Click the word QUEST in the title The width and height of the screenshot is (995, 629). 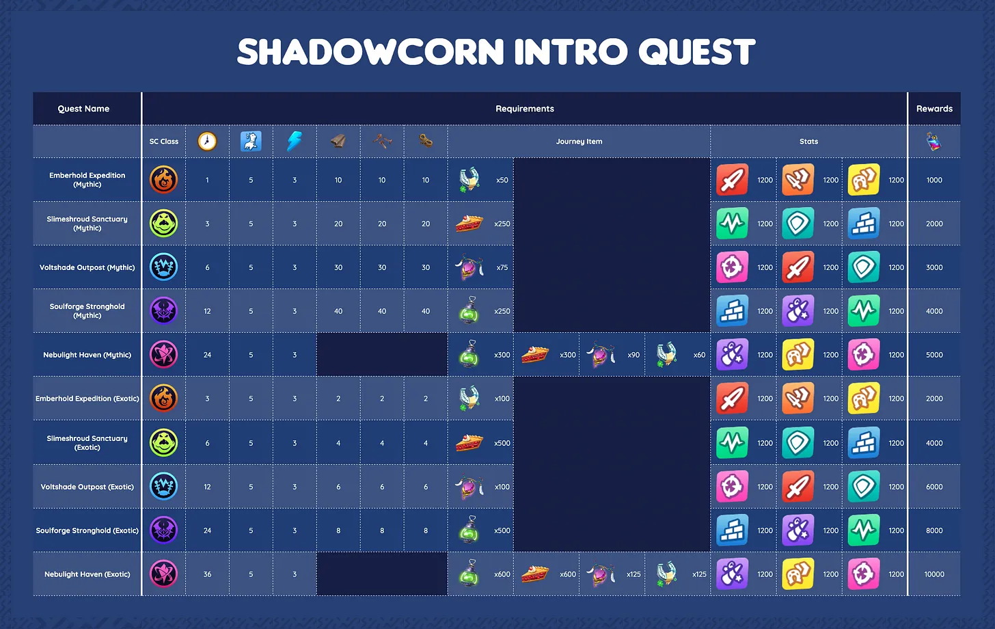[696, 52]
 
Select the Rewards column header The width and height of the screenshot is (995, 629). [934, 109]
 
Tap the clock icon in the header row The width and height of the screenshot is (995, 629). [207, 142]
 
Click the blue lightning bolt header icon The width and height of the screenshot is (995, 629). [294, 141]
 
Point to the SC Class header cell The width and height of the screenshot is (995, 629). [163, 142]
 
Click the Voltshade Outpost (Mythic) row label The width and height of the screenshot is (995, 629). [87, 267]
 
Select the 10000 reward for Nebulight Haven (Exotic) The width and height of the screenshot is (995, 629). [934, 574]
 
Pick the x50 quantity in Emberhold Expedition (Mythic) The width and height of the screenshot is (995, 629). [502, 180]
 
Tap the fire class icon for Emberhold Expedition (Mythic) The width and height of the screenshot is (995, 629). [163, 180]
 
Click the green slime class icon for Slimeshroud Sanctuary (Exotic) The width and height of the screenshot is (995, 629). [163, 442]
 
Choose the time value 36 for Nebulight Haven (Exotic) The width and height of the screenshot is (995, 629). [207, 574]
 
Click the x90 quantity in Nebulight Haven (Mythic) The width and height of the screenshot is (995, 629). [633, 355]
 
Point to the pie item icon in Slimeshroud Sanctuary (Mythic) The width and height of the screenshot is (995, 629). [469, 223]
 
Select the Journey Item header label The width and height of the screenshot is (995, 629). [579, 142]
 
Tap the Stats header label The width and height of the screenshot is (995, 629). [808, 142]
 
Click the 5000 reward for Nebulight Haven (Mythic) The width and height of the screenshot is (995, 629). [934, 355]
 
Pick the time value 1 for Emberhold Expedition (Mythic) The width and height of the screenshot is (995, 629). [207, 180]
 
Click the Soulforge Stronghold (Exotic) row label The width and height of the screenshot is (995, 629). [87, 531]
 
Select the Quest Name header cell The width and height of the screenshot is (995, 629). [83, 109]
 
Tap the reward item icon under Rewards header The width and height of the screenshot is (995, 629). [933, 142]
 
